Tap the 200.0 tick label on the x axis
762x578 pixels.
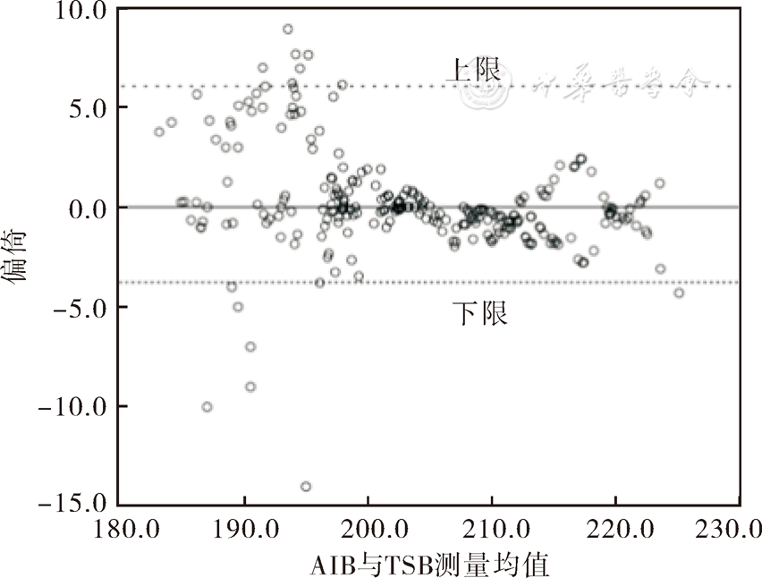tap(368, 530)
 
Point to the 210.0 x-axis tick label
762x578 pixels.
tap(491, 530)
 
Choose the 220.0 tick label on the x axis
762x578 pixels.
tap(614, 530)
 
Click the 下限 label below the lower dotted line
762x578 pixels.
tap(478, 314)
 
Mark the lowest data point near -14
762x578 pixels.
tap(306, 487)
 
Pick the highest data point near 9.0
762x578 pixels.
tap(287, 29)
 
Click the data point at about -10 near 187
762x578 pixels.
tap(207, 407)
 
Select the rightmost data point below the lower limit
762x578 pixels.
tap(679, 293)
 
